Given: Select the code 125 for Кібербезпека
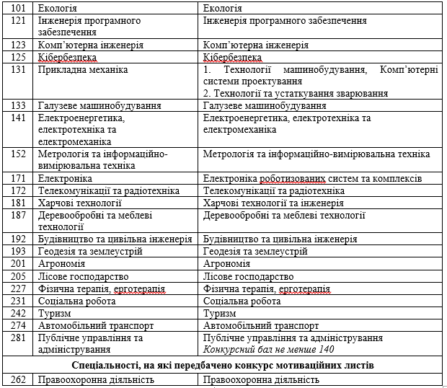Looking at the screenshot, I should point(19,57).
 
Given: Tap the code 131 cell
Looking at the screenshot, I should point(19,70).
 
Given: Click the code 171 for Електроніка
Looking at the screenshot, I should point(19,178).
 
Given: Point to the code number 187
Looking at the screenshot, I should point(19,215).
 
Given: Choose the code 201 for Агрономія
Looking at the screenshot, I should point(19,264).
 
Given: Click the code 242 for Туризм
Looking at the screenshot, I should point(19,313).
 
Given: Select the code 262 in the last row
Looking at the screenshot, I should point(19,379).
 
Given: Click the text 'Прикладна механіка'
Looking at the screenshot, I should point(83,70).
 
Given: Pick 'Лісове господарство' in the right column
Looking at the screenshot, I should point(248,276).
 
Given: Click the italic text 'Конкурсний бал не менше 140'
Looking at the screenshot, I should point(269,350).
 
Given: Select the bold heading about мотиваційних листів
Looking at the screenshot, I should point(223,365).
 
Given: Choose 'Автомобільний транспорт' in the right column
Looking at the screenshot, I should point(260,325).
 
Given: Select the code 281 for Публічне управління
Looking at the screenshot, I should point(19,338).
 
